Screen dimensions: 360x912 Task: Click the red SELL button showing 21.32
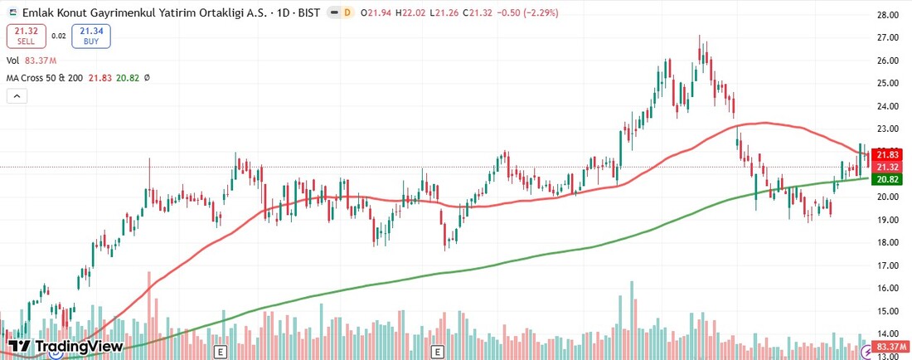coord(26,36)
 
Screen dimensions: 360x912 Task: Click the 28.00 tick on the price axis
coord(889,15)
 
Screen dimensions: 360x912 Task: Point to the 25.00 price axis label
coord(889,83)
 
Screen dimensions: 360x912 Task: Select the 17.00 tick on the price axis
coord(889,265)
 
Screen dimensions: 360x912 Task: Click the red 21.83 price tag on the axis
coord(888,155)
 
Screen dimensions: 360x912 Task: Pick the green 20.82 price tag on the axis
coord(888,179)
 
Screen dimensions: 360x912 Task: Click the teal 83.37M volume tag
coord(891,346)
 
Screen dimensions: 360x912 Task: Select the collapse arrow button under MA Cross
coord(16,96)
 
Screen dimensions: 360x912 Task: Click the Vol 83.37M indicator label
coord(32,61)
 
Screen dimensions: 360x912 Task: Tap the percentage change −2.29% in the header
coord(538,12)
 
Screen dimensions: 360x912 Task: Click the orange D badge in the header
coord(347,12)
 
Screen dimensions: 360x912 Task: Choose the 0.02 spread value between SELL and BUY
coord(58,36)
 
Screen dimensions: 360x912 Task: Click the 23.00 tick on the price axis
coord(889,129)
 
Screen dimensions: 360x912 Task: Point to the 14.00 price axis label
coord(889,333)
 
